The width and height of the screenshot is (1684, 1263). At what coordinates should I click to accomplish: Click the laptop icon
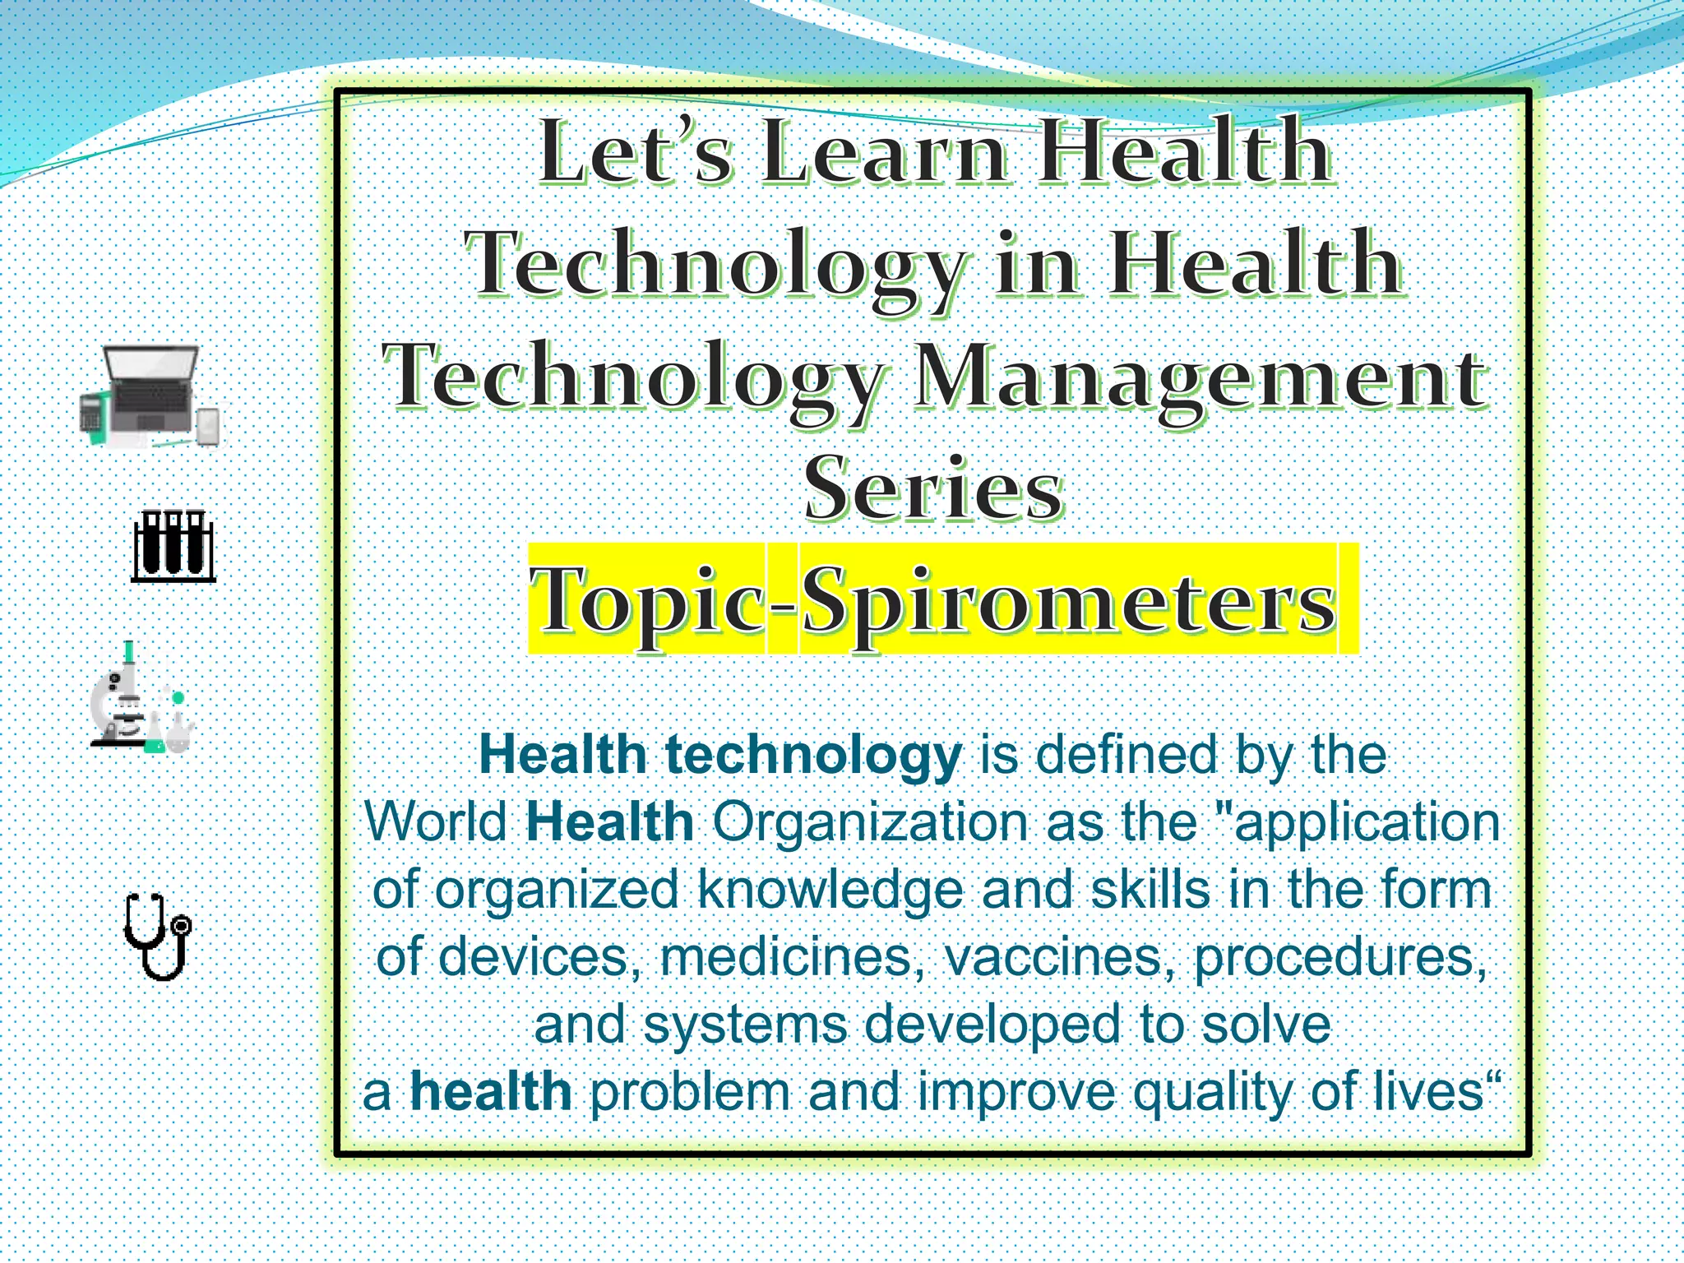coord(150,395)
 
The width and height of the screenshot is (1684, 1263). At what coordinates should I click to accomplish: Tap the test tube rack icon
coord(173,545)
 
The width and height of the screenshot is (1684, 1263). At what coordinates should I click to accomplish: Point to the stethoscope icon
coord(159,937)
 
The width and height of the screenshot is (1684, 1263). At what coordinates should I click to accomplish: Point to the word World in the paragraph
coord(436,821)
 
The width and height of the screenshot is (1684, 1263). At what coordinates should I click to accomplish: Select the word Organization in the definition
coord(869,821)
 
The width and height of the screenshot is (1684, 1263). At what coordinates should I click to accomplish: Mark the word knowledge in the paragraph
coord(830,890)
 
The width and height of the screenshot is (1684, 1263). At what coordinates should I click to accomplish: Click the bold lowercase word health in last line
coord(491,1091)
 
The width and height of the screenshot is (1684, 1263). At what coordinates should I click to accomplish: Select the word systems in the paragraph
coord(745,1025)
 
